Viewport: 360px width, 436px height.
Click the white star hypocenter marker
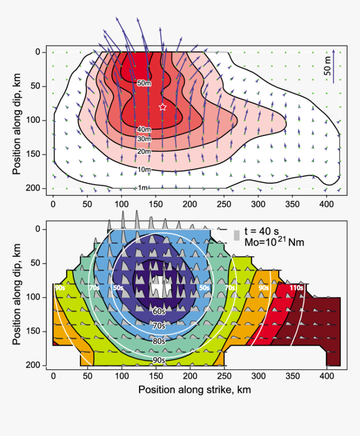163,107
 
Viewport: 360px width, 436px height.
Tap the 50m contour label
144,83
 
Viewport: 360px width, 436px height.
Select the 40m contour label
144,130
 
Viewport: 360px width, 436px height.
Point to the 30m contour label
144,139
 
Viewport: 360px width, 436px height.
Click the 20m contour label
144,151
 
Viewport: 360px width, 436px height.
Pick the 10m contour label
144,169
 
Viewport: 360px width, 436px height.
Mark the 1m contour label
142,188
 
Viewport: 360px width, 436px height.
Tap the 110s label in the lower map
296,288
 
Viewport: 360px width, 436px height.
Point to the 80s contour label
158,341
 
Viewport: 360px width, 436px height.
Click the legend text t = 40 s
261,232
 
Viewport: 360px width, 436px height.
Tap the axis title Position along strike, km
195,390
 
